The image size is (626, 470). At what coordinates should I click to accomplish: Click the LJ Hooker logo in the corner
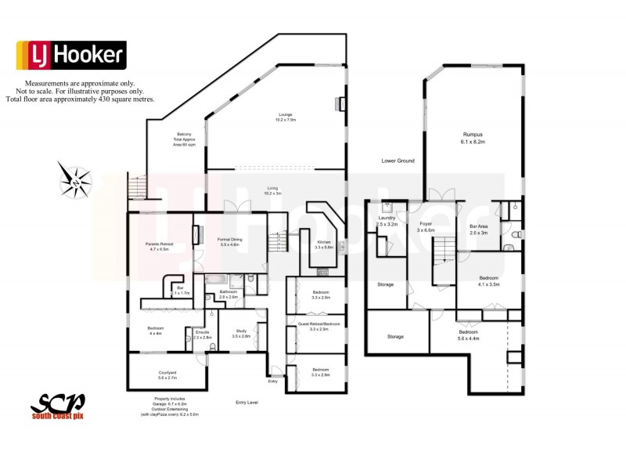tap(70, 55)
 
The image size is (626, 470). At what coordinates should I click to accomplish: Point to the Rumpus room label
tap(473, 139)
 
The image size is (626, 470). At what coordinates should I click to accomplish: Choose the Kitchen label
tap(324, 244)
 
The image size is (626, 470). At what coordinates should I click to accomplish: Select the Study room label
tap(241, 333)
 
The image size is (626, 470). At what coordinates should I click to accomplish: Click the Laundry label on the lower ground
tap(387, 221)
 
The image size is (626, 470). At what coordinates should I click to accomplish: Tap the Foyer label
tap(425, 227)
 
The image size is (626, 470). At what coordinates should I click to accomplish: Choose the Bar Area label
tap(478, 230)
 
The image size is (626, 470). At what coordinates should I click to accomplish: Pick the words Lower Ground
tap(398, 161)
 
